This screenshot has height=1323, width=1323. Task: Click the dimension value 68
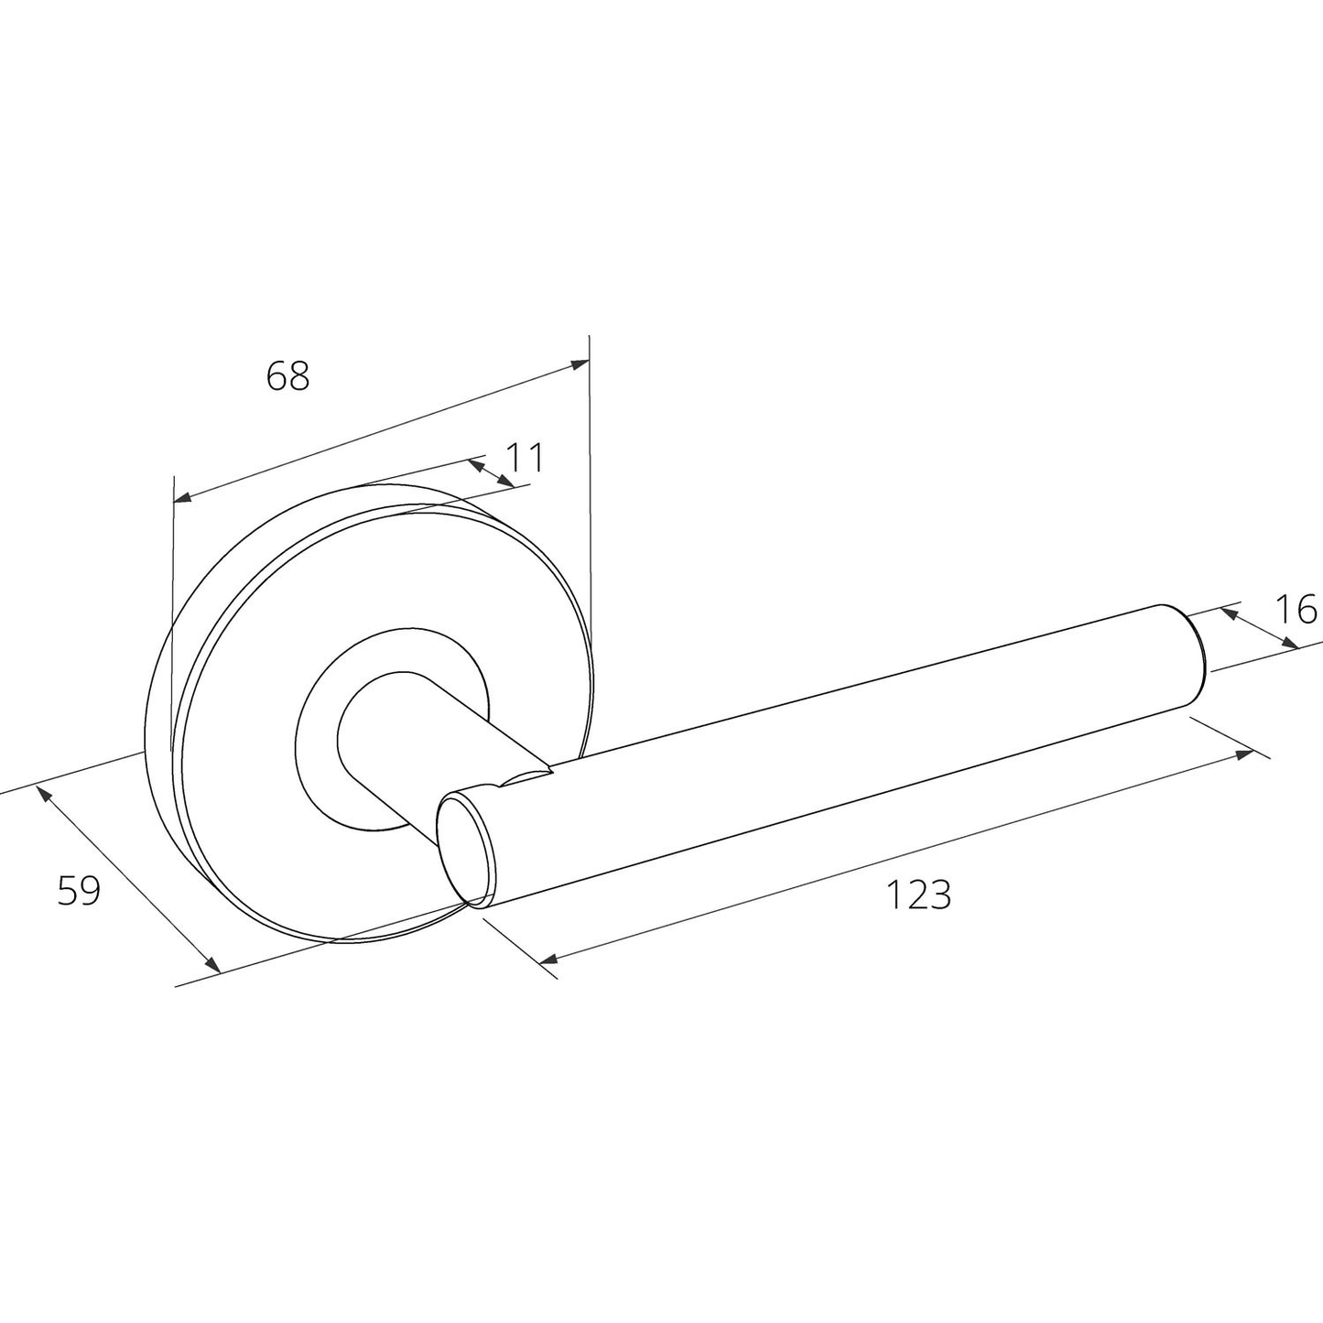[x=287, y=375]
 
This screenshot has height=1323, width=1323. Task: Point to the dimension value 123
[x=919, y=895]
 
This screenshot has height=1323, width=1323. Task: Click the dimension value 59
[x=79, y=891]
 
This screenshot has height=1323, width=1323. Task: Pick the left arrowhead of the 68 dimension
[x=183, y=496]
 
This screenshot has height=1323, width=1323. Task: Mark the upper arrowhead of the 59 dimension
[x=42, y=795]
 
